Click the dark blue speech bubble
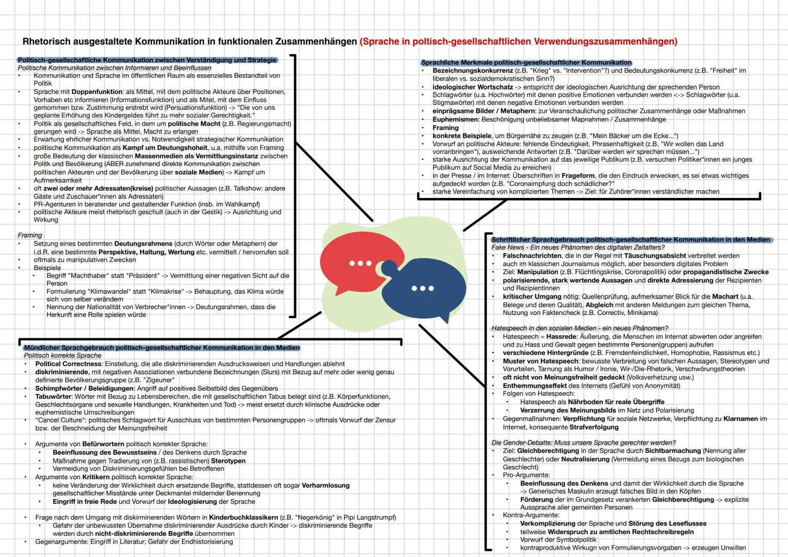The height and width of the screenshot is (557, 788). click(x=424, y=288)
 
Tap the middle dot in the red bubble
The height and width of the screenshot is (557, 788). click(x=360, y=263)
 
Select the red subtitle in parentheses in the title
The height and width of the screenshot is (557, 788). click(x=518, y=41)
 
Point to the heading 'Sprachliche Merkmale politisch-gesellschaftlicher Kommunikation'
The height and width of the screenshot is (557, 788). click(x=526, y=62)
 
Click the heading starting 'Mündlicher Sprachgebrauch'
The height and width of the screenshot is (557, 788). click(x=162, y=348)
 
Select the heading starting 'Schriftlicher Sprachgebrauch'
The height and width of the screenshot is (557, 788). click(x=631, y=240)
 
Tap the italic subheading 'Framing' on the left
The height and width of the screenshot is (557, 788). click(x=30, y=235)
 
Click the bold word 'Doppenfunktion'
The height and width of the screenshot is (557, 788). click(x=97, y=92)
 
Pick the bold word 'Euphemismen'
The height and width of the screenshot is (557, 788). click(x=455, y=120)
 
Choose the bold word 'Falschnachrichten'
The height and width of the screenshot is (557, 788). click(x=532, y=256)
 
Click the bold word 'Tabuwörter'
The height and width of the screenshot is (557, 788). click(x=53, y=397)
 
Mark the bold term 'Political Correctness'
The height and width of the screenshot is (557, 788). click(x=68, y=364)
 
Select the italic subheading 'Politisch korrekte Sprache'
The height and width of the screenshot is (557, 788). click(x=62, y=355)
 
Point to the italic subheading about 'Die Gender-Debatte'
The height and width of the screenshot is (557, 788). click(x=584, y=443)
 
